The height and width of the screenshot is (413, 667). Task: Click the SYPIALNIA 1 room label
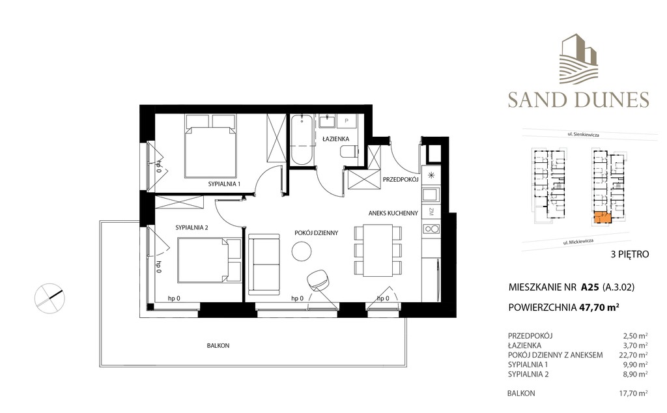224,184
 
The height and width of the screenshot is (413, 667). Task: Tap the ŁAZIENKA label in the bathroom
335,139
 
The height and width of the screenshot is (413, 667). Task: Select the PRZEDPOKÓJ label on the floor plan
401,180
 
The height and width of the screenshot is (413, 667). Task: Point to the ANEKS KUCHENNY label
393,213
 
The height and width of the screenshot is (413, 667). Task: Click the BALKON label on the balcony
218,346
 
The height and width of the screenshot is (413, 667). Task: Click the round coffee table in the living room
302,251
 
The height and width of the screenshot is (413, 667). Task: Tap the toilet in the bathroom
350,152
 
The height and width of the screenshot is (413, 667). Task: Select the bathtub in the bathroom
302,139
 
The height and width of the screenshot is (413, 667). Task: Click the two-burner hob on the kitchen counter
431,229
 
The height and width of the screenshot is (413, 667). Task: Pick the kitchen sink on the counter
431,195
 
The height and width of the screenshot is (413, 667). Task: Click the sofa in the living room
264,265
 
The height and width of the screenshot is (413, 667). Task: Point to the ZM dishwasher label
431,212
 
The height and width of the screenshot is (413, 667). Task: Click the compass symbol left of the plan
50,298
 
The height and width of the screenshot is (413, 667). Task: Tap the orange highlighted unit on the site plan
603,218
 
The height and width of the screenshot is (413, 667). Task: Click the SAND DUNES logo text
578,100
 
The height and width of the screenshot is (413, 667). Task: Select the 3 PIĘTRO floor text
630,255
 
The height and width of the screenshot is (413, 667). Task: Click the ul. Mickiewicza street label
578,242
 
